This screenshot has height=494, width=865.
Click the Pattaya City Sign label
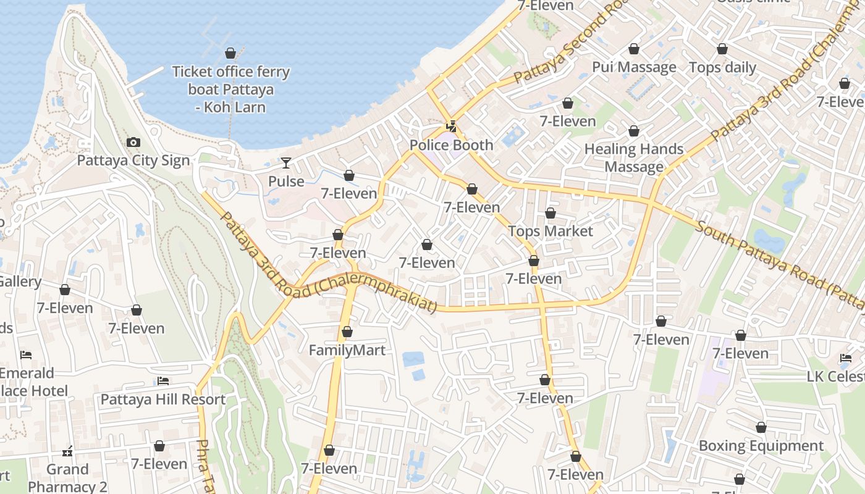click(x=133, y=161)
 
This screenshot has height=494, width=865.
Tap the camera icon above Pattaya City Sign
click(x=133, y=143)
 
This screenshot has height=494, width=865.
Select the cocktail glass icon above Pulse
click(x=285, y=163)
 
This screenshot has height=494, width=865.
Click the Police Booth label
click(x=452, y=145)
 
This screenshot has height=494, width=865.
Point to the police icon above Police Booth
click(x=452, y=127)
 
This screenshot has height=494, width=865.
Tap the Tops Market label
click(x=550, y=231)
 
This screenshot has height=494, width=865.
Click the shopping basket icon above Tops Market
click(x=550, y=213)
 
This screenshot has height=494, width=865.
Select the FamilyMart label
click(x=347, y=350)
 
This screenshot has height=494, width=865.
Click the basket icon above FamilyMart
click(x=347, y=332)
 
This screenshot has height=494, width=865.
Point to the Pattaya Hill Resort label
click(x=163, y=399)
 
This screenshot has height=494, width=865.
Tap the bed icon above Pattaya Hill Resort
click(x=163, y=381)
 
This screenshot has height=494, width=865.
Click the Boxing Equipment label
click(x=761, y=445)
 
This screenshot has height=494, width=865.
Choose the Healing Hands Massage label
click(x=633, y=157)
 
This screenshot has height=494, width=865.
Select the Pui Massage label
click(x=634, y=67)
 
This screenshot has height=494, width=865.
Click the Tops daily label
click(x=722, y=67)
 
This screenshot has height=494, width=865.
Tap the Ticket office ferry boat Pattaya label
click(x=230, y=89)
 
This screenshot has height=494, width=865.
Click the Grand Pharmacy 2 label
click(x=67, y=478)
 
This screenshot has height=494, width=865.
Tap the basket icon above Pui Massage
click(x=633, y=49)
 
